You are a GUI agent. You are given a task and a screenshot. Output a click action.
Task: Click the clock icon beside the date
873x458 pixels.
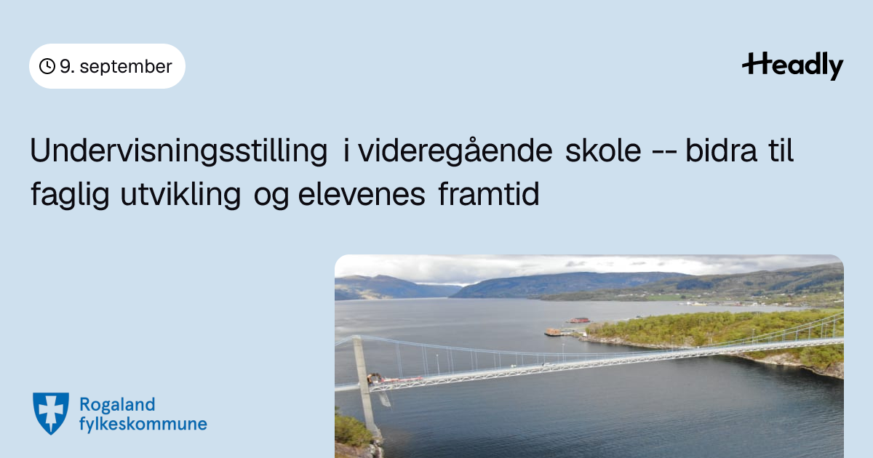click(47, 66)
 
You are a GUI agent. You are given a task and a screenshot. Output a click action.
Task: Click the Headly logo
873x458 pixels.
click(793, 65)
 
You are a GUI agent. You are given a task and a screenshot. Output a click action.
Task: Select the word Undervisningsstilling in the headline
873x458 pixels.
click(178, 151)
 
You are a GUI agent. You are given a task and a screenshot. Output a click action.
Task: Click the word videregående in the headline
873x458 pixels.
click(455, 151)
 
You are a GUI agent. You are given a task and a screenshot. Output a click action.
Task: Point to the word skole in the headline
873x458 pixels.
click(603, 150)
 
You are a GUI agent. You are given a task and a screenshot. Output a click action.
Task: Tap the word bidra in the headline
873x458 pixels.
click(722, 150)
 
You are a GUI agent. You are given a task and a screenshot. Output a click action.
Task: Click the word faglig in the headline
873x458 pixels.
click(70, 195)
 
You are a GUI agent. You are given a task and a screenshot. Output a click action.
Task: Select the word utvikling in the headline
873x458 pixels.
click(180, 195)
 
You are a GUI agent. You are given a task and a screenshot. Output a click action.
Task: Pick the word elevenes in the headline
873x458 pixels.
click(362, 195)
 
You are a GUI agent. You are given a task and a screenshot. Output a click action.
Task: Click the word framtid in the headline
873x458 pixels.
click(489, 194)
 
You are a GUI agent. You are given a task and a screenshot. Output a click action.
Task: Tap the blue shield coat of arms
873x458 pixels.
click(51, 413)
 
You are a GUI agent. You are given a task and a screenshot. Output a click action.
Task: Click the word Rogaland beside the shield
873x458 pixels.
click(117, 405)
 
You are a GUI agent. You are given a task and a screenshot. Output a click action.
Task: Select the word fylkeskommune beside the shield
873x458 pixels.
click(143, 424)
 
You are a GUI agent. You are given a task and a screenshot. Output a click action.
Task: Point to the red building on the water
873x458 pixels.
click(579, 320)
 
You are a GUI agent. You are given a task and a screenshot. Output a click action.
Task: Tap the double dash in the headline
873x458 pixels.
click(663, 152)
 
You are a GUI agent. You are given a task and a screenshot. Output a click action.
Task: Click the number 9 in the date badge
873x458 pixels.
click(65, 66)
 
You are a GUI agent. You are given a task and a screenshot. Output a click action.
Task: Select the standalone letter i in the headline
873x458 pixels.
click(346, 150)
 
